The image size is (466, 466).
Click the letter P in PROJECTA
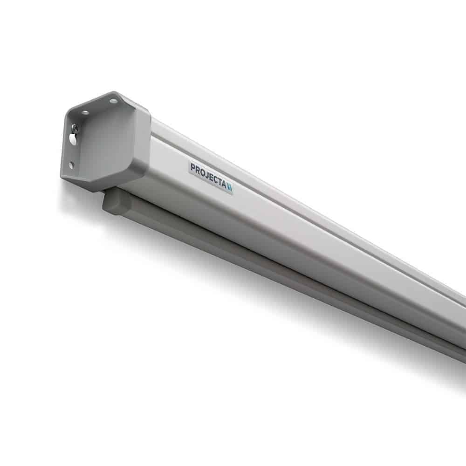click(192, 166)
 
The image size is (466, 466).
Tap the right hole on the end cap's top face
click(113, 101)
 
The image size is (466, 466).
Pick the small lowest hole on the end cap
click(71, 164)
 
